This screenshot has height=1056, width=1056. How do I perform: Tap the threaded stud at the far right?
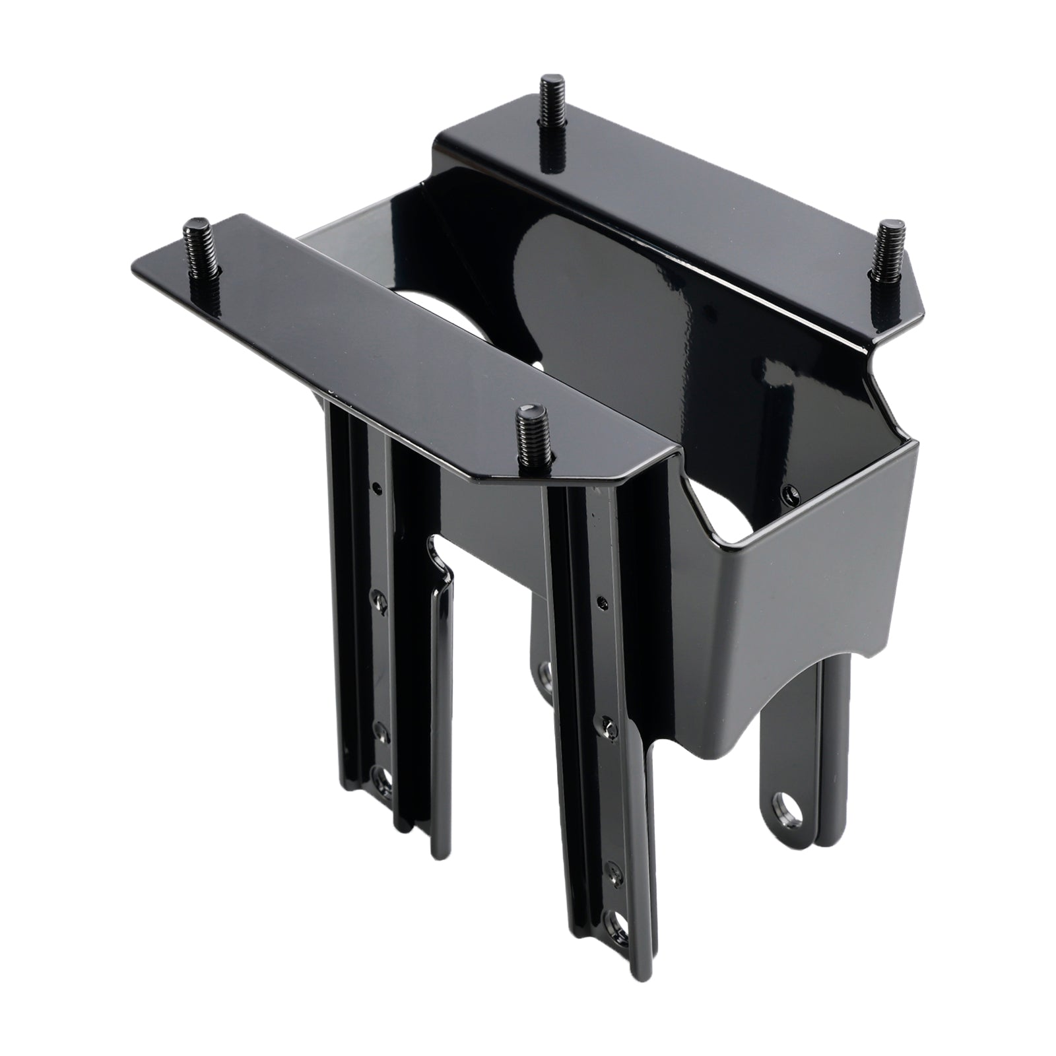pos(883,252)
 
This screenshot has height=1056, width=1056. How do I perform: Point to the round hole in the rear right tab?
pos(786,801)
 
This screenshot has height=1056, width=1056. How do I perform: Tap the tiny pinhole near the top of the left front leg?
pos(376,488)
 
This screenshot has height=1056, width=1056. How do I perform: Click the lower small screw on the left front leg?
pos(380,729)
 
